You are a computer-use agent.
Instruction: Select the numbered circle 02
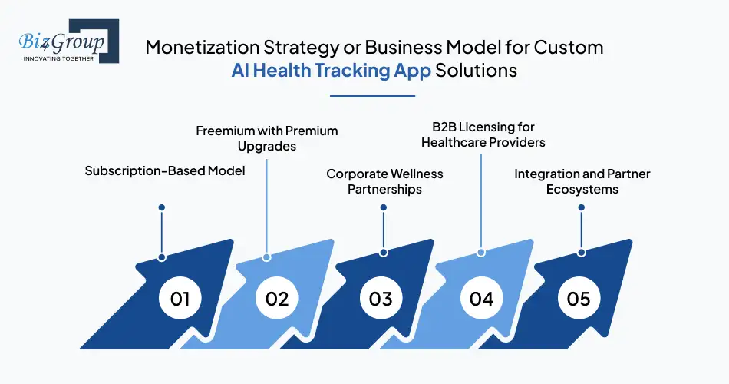tap(278, 298)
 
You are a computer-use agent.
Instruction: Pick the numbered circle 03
tap(381, 298)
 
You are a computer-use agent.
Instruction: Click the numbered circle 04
tap(481, 298)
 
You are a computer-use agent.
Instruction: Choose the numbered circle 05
tap(579, 298)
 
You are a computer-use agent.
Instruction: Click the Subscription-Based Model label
tap(165, 170)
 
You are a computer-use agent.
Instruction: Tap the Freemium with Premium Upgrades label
tap(267, 138)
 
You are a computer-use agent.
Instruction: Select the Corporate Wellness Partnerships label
tap(384, 181)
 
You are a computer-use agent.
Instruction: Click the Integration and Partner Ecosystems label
tap(582, 181)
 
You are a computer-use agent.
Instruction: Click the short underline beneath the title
tap(372, 96)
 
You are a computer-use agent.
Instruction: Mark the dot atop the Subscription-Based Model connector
tap(161, 207)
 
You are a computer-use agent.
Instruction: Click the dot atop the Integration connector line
tap(582, 207)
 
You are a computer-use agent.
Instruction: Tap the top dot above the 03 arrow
tap(383, 207)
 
